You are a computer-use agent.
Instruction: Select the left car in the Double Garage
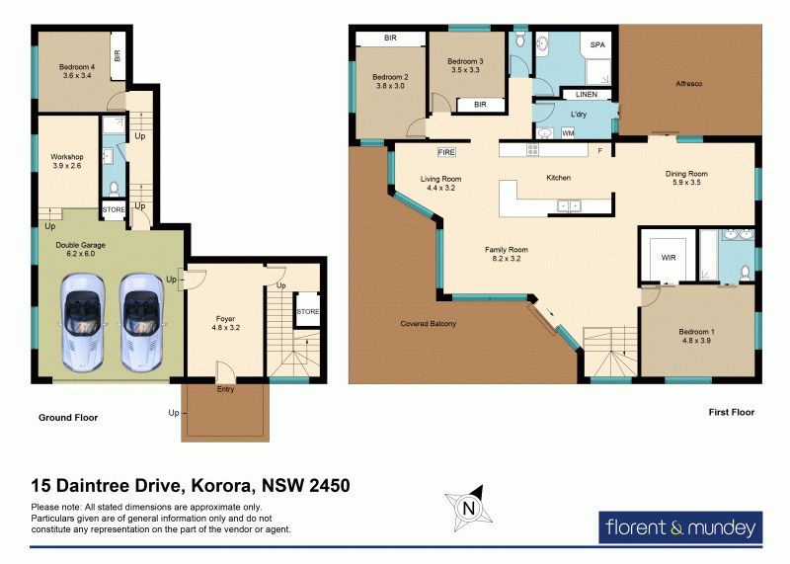[x=83, y=323]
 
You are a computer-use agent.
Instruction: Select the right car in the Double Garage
[x=141, y=323]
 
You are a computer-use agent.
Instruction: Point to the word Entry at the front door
[x=226, y=389]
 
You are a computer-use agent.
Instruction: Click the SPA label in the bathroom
[x=597, y=44]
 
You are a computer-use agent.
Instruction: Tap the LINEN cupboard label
[x=587, y=94]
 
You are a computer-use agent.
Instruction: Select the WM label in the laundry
[x=568, y=133]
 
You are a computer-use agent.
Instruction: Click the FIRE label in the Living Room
[x=446, y=152]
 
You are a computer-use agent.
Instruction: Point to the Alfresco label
[x=688, y=84]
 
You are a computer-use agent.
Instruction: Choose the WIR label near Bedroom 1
[x=669, y=258]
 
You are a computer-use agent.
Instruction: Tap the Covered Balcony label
[x=429, y=324]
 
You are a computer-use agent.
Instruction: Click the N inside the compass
[x=469, y=508]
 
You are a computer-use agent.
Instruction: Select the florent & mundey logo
[x=680, y=527]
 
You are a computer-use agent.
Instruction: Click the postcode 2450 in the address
[x=330, y=485]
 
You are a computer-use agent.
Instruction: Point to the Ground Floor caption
[x=68, y=418]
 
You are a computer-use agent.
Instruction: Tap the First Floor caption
[x=732, y=412]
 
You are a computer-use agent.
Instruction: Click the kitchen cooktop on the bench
[x=532, y=149]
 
